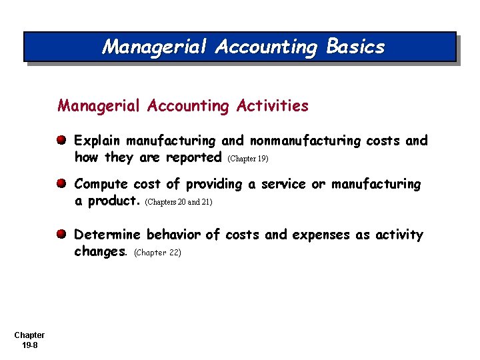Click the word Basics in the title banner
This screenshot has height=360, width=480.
click(x=355, y=47)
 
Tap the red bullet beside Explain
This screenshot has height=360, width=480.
click(x=61, y=141)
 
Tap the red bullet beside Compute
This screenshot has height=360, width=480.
click(x=61, y=183)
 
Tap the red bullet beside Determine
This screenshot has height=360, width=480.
click(x=61, y=235)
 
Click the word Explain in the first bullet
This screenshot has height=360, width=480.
click(x=97, y=141)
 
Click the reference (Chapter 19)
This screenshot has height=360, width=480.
click(x=248, y=159)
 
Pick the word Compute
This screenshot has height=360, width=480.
click(x=101, y=184)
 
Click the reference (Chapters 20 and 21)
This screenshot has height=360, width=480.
click(x=178, y=202)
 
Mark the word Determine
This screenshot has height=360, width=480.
click(x=107, y=235)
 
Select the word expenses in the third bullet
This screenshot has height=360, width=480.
click(x=324, y=235)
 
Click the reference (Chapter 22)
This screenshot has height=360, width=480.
click(x=157, y=253)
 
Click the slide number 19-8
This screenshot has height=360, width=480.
click(x=29, y=345)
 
